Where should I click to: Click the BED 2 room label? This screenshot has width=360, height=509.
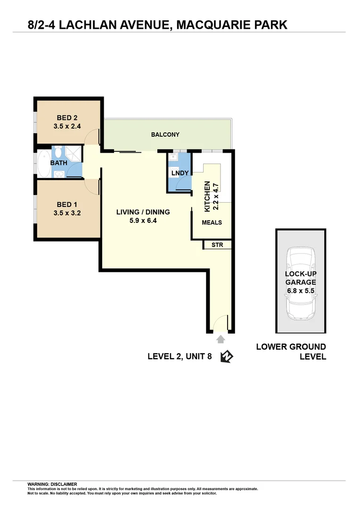(67, 118)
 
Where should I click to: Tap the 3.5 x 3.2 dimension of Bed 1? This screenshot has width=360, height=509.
(67, 213)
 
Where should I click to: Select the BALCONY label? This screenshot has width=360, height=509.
(165, 135)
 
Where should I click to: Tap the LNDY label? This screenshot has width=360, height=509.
(180, 173)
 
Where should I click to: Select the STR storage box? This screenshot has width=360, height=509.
(217, 245)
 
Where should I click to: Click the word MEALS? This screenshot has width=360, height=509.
(212, 222)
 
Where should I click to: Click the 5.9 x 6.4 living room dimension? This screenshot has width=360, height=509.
(143, 220)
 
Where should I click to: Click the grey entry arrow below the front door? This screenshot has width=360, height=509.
(220, 339)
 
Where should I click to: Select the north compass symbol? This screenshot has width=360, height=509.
(226, 357)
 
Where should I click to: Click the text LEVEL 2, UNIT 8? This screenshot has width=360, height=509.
(180, 357)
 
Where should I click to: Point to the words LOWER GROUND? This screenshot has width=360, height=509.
(291, 347)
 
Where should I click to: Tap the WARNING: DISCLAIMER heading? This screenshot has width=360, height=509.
(52, 484)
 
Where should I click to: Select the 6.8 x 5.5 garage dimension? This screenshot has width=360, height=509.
(300, 291)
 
